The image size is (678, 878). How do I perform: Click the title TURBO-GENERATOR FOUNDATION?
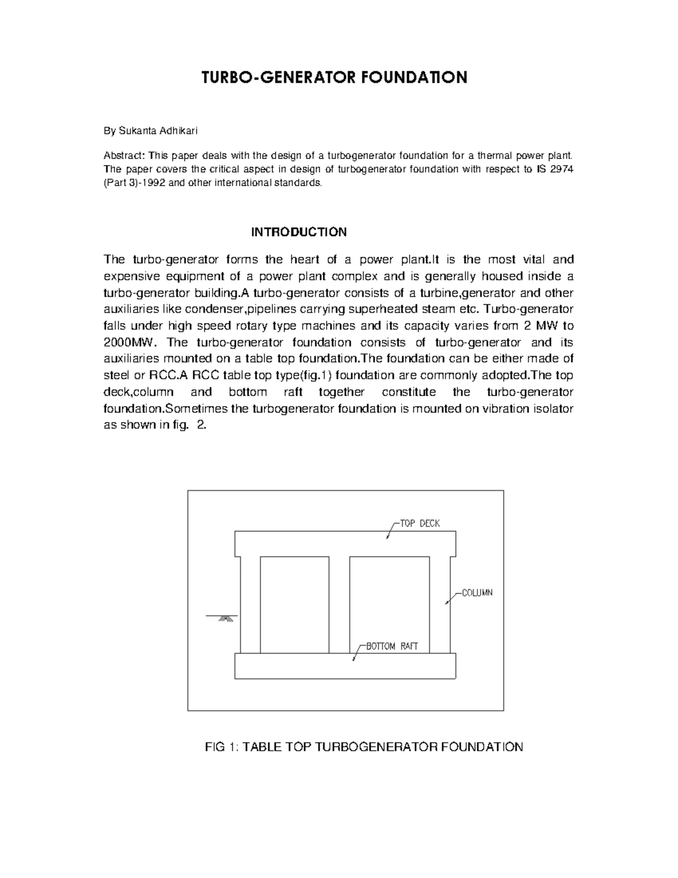click(x=334, y=77)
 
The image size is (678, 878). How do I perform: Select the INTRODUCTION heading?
click(x=299, y=232)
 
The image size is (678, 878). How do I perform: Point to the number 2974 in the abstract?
click(x=562, y=170)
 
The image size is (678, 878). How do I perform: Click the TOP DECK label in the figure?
click(x=420, y=524)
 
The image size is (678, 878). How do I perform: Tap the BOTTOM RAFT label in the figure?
click(x=392, y=647)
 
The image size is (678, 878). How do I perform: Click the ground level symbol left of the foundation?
click(x=225, y=618)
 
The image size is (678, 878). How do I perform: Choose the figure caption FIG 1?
click(x=364, y=747)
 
